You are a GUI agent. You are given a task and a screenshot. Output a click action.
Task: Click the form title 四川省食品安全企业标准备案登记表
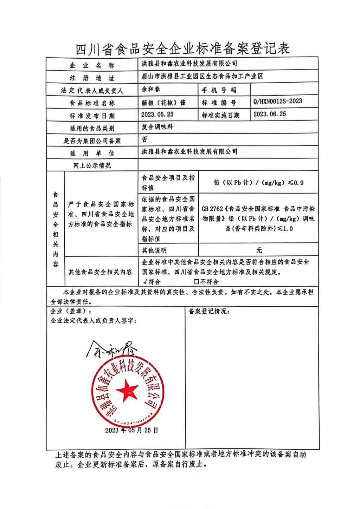tap(183, 48)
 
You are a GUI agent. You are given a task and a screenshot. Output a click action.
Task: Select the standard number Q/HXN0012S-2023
tap(277, 102)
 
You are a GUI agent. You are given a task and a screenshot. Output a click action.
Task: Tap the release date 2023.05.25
tap(157, 115)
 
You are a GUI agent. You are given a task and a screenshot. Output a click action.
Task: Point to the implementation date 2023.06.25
tap(270, 114)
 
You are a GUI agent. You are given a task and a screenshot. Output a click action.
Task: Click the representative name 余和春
tap(151, 89)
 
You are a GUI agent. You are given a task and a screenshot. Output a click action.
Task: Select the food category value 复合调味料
tap(157, 127)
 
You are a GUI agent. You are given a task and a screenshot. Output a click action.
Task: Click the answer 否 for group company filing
tap(144, 139)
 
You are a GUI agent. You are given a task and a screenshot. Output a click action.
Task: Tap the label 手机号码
tap(219, 90)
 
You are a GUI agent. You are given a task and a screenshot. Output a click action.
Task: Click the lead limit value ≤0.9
tap(296, 183)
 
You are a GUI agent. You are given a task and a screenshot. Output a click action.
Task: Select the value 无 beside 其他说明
tap(259, 250)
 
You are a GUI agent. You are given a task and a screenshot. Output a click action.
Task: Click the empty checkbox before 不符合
tap(197, 282)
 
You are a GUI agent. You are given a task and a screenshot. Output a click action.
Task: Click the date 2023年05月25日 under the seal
tap(131, 430)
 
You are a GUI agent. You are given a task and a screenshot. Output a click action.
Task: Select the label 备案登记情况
tap(209, 311)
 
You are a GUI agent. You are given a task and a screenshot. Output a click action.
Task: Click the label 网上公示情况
tap(92, 165)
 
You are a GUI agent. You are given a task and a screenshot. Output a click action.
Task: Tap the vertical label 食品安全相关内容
tap(56, 229)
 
